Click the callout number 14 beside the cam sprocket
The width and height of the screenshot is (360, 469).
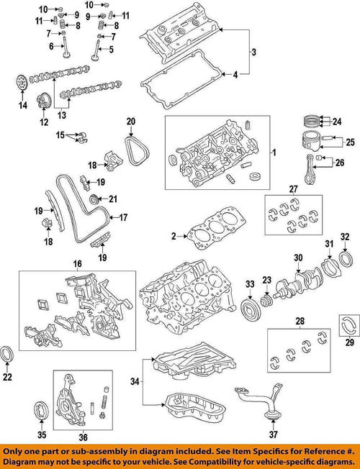22,106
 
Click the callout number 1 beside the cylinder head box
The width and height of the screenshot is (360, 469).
273,153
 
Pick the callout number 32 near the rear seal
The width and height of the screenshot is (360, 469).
344,236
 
